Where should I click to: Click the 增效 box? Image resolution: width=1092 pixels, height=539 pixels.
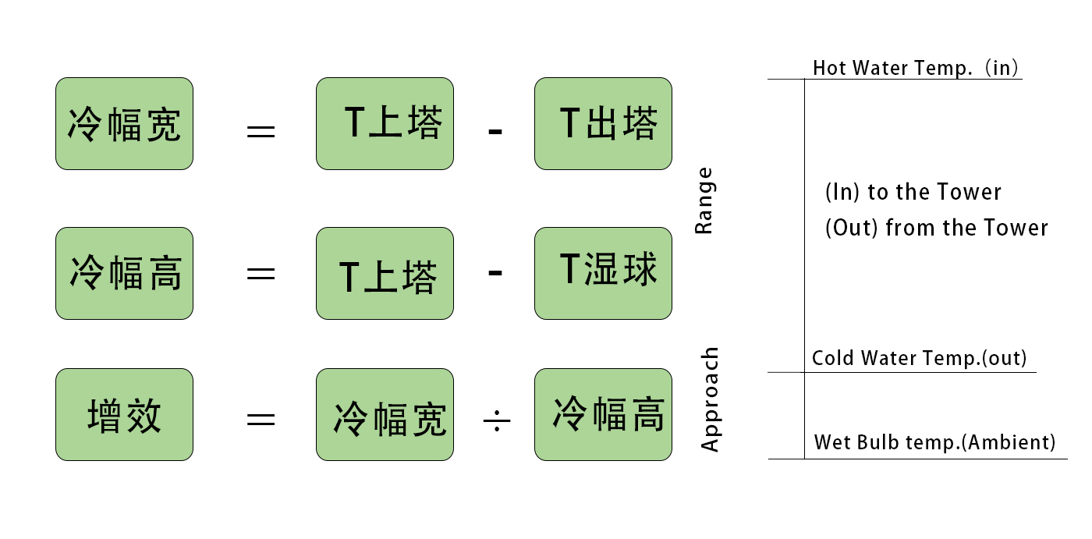(x=124, y=414)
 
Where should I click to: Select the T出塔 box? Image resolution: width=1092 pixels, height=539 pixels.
(x=603, y=123)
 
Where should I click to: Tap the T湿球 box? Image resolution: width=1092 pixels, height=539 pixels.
(x=603, y=273)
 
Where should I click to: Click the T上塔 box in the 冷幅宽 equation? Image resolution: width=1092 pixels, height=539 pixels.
(x=385, y=123)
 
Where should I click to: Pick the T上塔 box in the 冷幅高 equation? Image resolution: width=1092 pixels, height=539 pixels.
(x=385, y=273)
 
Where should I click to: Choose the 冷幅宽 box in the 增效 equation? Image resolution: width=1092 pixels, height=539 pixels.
(x=385, y=414)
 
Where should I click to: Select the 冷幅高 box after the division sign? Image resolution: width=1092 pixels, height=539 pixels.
(x=603, y=414)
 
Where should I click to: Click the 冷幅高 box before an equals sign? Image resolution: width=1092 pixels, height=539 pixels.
(x=124, y=273)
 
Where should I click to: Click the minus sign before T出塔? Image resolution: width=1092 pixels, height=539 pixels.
(x=495, y=130)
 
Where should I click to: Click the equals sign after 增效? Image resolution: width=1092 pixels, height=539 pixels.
(x=261, y=420)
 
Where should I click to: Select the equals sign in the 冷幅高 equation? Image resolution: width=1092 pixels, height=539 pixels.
(x=261, y=274)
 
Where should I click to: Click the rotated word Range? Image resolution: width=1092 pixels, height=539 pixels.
(x=704, y=200)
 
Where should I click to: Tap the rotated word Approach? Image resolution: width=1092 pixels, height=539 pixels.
(x=710, y=399)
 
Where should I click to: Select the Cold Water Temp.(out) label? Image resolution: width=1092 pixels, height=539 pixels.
(x=919, y=358)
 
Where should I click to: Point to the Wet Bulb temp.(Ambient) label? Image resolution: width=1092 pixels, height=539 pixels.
(x=934, y=442)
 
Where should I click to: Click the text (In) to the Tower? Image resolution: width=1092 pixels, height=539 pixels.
(x=913, y=192)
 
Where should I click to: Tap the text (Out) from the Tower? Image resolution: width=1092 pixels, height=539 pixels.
(x=936, y=228)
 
